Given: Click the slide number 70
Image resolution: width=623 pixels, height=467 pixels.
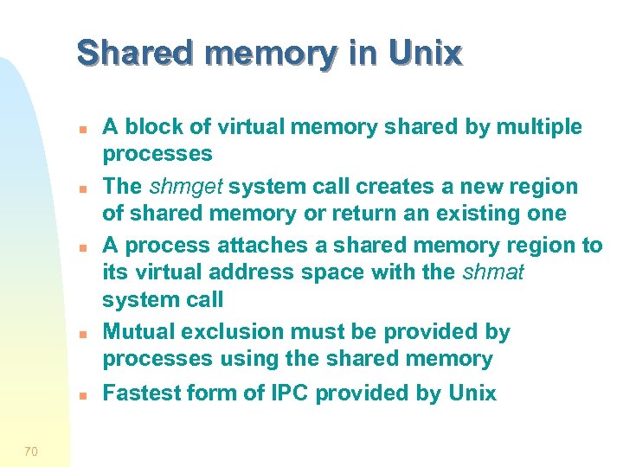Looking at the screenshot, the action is [31, 451].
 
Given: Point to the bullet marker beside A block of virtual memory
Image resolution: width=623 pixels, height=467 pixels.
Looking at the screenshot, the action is [79, 129].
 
